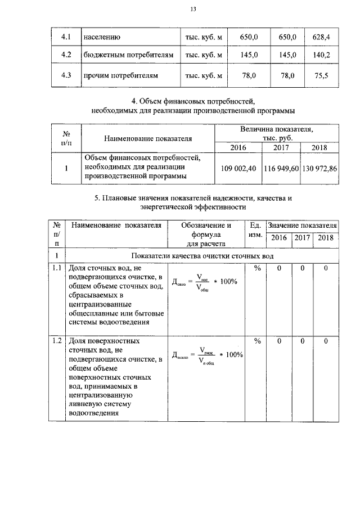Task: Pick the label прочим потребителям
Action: click(x=120, y=75)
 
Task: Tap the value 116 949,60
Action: click(x=281, y=168)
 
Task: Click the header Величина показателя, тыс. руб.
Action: click(x=276, y=133)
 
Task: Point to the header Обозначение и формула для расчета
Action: click(x=206, y=235)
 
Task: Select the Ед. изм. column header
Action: click(x=256, y=230)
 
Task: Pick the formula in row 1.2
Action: click(x=206, y=355)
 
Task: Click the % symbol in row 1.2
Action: click(x=257, y=341)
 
